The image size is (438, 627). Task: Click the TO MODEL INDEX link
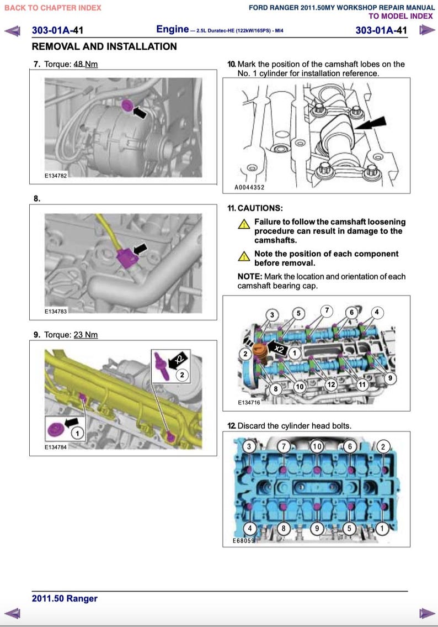tap(400, 16)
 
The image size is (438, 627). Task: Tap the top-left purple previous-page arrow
tap(13, 30)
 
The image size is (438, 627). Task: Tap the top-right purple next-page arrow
tap(425, 30)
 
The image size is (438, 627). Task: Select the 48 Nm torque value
tap(86, 64)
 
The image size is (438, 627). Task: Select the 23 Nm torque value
tap(86, 335)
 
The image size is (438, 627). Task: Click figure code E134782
tap(56, 176)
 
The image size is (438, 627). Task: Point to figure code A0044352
tap(250, 187)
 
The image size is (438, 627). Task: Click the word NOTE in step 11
tap(249, 276)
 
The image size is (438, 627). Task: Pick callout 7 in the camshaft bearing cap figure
tap(327, 310)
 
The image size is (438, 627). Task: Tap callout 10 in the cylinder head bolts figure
tap(317, 446)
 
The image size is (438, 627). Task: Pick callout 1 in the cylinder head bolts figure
tap(382, 528)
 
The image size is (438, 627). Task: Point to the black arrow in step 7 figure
tap(140, 112)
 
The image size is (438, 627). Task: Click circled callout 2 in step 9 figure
tap(182, 375)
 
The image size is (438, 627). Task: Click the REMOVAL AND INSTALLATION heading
tap(104, 46)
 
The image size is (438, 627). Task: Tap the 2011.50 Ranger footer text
tap(65, 598)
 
